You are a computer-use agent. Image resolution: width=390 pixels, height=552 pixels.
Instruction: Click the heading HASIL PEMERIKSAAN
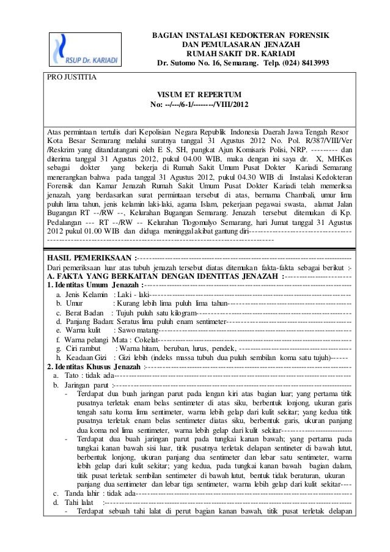[x=90, y=256]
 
